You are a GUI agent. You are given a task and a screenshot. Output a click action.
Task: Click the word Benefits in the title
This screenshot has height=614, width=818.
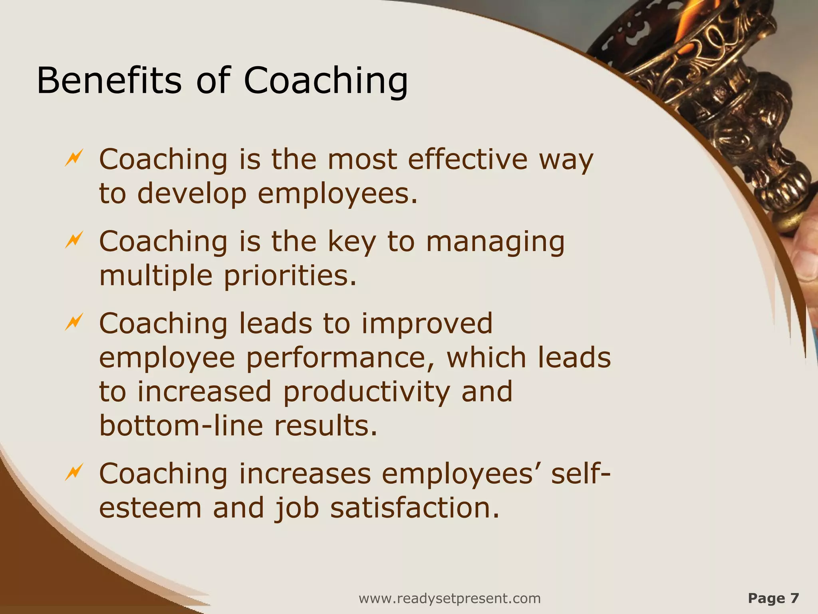pos(109,80)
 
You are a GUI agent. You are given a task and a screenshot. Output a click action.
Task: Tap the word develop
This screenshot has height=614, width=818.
pos(192,194)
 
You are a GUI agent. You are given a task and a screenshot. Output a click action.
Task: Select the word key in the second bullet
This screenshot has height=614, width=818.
pos(352,242)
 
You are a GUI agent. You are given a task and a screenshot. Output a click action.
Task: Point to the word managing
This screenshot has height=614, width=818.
pos(495,242)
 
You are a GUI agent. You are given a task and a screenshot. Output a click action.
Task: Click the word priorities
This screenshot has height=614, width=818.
pos(290,276)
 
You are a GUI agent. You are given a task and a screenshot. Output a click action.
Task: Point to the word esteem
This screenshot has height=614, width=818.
pos(150,508)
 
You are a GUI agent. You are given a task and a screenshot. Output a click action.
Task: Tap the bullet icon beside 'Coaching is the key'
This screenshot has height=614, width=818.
pos(74,239)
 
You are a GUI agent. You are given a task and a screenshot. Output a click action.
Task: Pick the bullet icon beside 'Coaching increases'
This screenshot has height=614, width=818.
pos(74,472)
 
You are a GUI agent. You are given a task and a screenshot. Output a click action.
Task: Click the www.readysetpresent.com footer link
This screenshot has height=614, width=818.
pos(450,598)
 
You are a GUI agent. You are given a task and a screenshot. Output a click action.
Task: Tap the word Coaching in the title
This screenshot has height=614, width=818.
pos(326,80)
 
